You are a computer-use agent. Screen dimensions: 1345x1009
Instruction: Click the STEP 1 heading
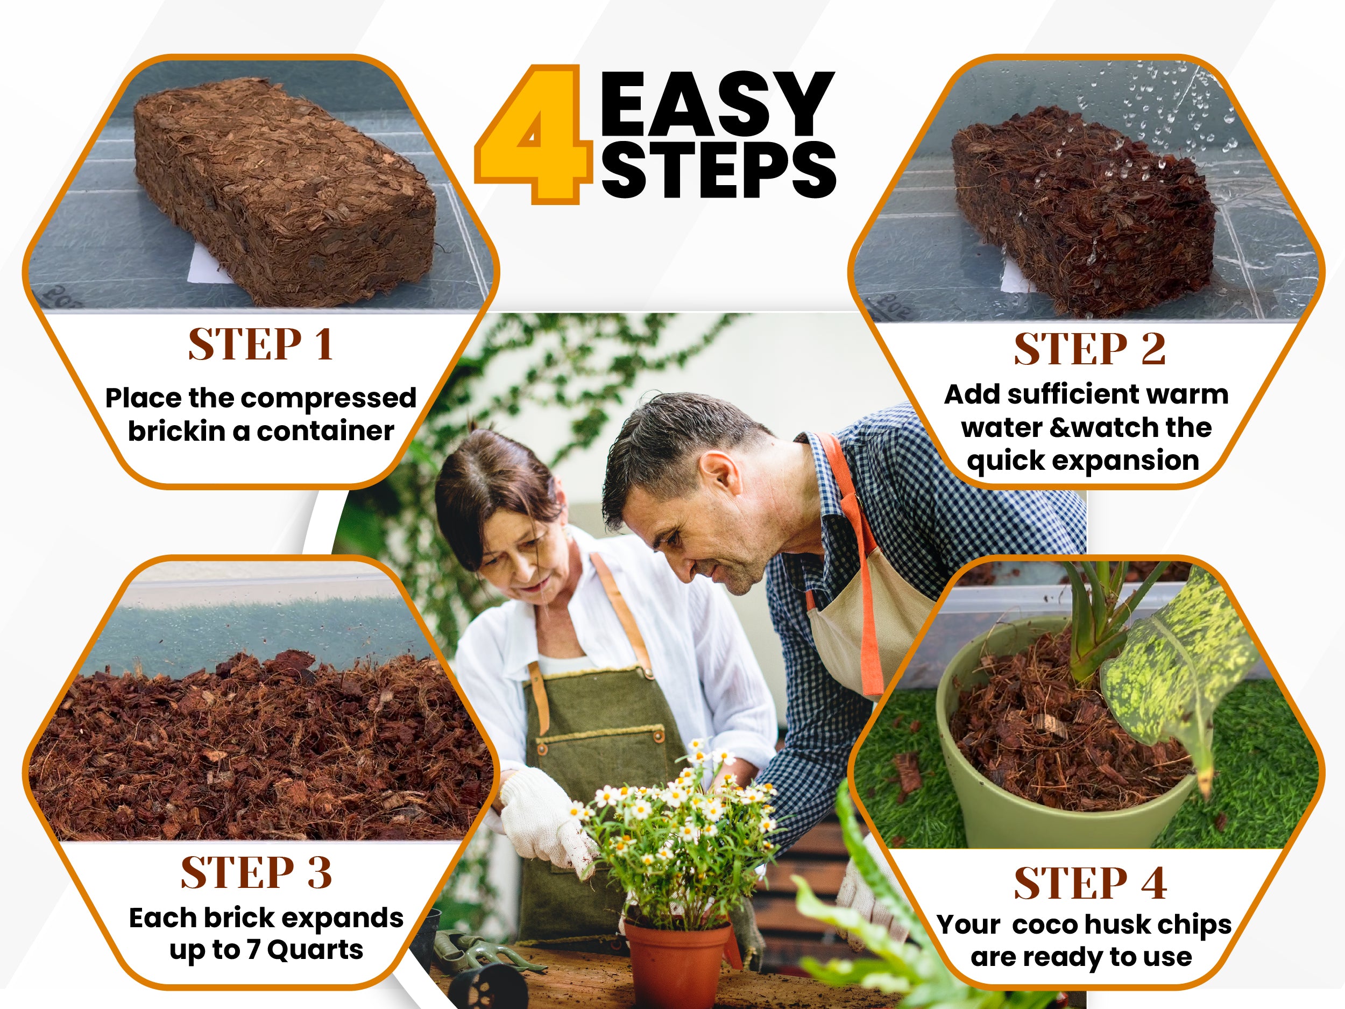click(260, 344)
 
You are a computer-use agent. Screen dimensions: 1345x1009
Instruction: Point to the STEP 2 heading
click(1089, 349)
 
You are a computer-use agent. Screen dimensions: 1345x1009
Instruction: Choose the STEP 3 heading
click(257, 873)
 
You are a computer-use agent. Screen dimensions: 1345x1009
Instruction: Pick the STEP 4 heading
click(1090, 883)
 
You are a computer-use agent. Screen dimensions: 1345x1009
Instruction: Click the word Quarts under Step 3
click(315, 950)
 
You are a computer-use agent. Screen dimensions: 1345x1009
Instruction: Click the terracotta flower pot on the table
click(677, 961)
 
